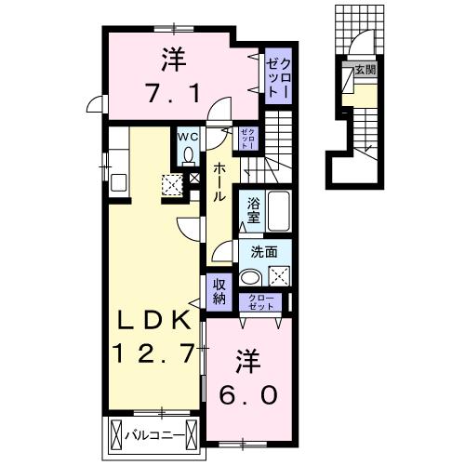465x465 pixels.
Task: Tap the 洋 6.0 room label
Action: pyautogui.click(x=246, y=378)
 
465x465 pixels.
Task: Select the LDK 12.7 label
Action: pyautogui.click(x=154, y=338)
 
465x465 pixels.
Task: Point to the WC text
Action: pyautogui.click(x=188, y=136)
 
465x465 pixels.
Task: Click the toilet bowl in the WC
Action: pyautogui.click(x=188, y=154)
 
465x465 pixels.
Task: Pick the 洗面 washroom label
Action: pyautogui.click(x=263, y=250)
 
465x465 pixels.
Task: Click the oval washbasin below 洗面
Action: pyautogui.click(x=249, y=276)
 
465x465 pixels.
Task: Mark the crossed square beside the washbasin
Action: pyautogui.click(x=278, y=275)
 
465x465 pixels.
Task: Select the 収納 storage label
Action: pyautogui.click(x=219, y=292)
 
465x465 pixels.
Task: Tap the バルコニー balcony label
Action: pyautogui.click(x=153, y=434)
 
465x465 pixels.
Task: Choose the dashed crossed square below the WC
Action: pyautogui.click(x=173, y=184)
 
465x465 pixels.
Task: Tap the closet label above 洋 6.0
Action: pyautogui.click(x=261, y=301)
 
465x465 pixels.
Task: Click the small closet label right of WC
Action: pyautogui.click(x=246, y=140)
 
